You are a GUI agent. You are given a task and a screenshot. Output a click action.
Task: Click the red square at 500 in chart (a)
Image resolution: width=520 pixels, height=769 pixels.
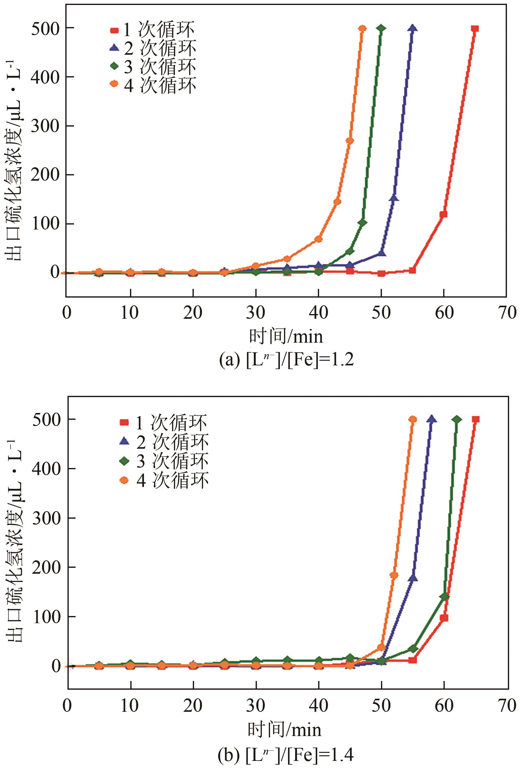coord(474,29)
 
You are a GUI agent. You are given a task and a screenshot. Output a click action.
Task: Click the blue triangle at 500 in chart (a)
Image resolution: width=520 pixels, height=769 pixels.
coord(412,29)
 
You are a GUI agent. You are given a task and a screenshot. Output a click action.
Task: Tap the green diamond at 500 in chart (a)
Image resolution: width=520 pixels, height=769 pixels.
coord(381,29)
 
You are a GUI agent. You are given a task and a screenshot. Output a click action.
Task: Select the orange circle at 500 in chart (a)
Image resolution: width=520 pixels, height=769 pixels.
coord(362,29)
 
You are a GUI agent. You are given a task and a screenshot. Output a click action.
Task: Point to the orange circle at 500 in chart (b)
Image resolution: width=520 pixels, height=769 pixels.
coord(413,419)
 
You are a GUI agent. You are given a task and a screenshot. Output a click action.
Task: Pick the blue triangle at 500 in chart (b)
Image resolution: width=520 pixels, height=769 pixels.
coord(431,419)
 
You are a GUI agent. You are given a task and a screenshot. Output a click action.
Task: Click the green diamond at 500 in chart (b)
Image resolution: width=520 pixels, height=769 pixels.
coord(457,419)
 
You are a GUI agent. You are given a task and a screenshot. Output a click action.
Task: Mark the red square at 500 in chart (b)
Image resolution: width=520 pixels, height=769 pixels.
coord(476,419)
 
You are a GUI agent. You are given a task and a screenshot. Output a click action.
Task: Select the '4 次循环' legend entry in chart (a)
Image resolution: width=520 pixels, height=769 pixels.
coord(153,85)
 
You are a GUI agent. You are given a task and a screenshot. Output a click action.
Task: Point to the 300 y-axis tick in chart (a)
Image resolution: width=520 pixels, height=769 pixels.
coord(45,126)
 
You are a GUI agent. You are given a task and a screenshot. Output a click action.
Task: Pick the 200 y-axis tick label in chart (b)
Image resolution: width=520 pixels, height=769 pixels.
coord(46,567)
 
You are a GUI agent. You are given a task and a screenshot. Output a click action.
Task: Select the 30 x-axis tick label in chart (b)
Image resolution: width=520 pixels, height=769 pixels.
coord(256,705)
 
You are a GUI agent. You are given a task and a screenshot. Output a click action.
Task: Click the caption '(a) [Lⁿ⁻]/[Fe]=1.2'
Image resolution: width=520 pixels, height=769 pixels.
coord(286,359)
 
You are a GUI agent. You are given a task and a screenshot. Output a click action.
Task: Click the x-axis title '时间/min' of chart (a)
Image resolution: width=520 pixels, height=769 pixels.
coord(286,336)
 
